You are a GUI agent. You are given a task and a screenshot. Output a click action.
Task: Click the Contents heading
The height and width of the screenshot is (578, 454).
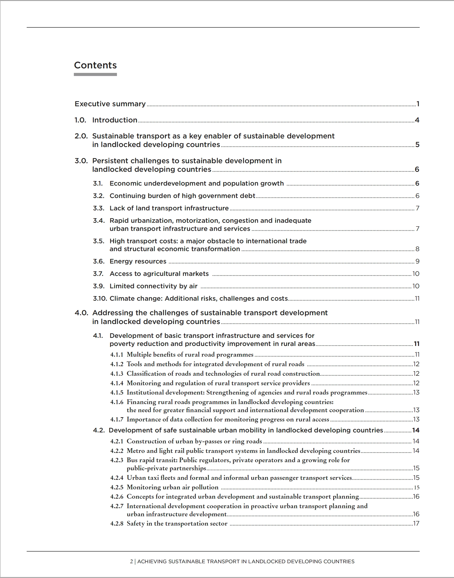coord(95,65)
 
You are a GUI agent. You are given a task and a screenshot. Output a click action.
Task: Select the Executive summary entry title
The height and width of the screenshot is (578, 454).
coord(110,104)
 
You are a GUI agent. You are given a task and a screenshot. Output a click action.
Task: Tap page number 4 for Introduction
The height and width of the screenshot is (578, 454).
coord(417,120)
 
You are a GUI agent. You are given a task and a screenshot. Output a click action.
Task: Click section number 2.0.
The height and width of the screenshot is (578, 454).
coord(81,136)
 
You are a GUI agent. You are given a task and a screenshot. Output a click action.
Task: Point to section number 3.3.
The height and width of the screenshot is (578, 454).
coord(99,208)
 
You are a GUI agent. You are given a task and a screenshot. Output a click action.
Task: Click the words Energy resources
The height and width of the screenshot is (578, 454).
coord(138,261)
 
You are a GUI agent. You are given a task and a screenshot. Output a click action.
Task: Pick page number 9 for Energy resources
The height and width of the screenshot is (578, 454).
coord(417,261)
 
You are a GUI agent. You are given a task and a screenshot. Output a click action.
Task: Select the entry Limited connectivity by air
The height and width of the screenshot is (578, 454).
coord(153,286)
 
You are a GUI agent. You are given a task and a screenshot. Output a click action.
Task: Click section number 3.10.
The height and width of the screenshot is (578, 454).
coord(100,299)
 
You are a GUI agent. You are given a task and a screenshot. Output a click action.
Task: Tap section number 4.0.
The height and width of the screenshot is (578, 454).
coord(81,313)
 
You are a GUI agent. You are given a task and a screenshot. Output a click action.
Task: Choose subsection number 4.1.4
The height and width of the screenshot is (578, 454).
coord(117,383)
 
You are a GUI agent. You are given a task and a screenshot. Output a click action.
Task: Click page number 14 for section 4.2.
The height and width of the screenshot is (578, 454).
coord(416,430)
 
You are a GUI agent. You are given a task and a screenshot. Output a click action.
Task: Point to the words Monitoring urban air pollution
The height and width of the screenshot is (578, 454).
coord(172,487)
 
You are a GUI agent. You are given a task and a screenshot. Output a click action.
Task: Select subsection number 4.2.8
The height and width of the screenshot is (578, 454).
coord(117,523)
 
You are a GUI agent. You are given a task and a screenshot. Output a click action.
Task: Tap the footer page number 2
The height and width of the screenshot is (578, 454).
coord(131,562)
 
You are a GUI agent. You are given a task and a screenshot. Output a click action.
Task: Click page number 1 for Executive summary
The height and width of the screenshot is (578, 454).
coord(418,104)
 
